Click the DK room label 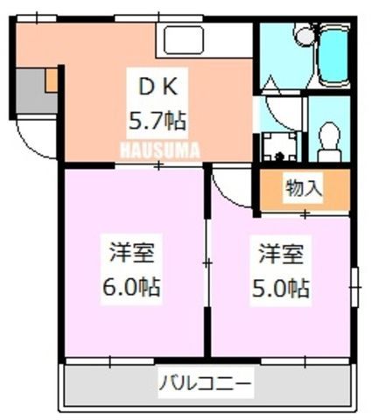tap(158, 87)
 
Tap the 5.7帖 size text tap(158, 121)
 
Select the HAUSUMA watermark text tap(160, 150)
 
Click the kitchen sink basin tap(183, 40)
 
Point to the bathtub tap(333, 55)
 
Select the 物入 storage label tap(304, 188)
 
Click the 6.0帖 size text tap(131, 287)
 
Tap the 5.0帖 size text tap(280, 288)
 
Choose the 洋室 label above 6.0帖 tap(132, 253)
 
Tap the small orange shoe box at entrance tap(52, 80)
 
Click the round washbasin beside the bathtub tap(305, 35)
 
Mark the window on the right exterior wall tap(354, 287)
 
